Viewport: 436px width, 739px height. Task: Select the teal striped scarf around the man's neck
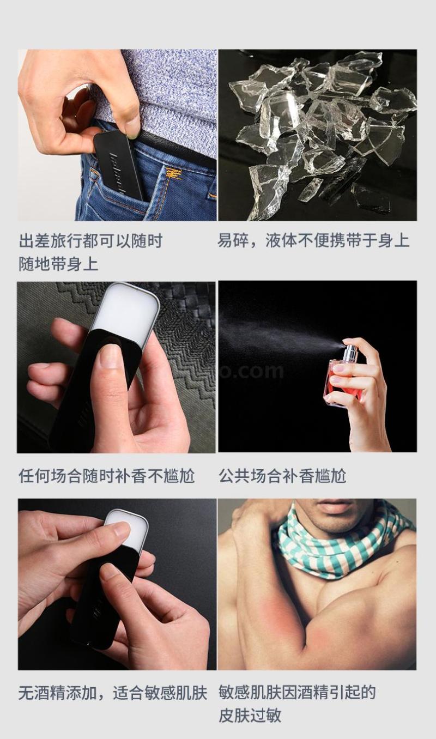click(x=340, y=544)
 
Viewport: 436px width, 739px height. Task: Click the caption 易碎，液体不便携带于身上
click(x=313, y=240)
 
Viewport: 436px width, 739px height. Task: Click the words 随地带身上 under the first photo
click(x=58, y=264)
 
